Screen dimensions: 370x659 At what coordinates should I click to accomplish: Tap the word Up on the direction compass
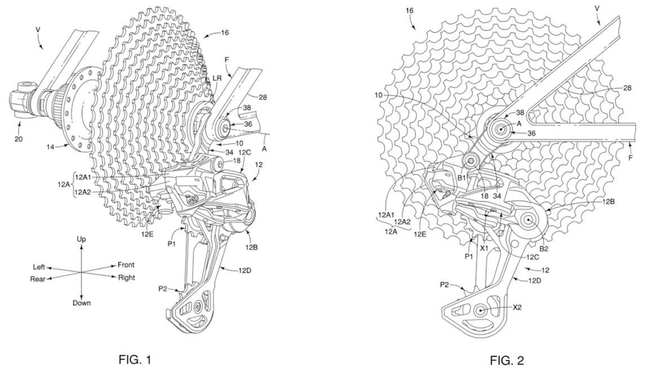tap(81, 240)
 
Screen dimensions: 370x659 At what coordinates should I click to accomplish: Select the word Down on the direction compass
tap(81, 303)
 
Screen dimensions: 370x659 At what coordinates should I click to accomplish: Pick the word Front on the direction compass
tap(126, 265)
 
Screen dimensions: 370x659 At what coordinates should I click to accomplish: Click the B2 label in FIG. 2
tap(544, 248)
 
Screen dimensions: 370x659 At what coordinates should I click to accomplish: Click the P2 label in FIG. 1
tap(163, 289)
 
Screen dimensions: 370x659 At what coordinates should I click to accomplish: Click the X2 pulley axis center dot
tap(480, 309)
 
